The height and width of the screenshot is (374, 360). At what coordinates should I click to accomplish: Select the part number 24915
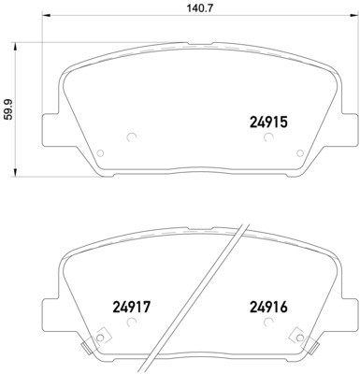click(x=268, y=121)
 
